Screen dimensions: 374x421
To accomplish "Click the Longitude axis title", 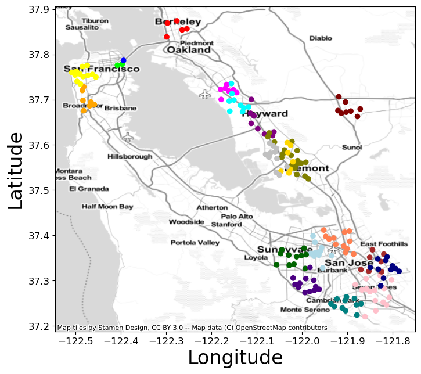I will (x=235, y=357).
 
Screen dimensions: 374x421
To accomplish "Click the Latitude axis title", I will (x=16, y=171).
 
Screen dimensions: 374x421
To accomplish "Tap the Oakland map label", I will (x=189, y=51).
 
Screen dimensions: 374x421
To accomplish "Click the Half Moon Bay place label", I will (x=107, y=207).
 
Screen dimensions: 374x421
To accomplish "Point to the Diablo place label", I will (x=321, y=38).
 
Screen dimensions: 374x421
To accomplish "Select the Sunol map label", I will (x=352, y=147).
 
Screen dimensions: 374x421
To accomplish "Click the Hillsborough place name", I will (x=130, y=157).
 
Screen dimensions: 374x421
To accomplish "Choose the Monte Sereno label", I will (x=301, y=310).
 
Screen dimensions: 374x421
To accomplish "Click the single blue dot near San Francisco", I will (x=123, y=60).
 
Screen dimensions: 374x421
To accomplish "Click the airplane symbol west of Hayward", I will (x=205, y=93).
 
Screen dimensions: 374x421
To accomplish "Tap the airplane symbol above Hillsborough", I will (x=128, y=137).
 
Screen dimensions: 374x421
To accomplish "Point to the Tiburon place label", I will (x=95, y=21).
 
